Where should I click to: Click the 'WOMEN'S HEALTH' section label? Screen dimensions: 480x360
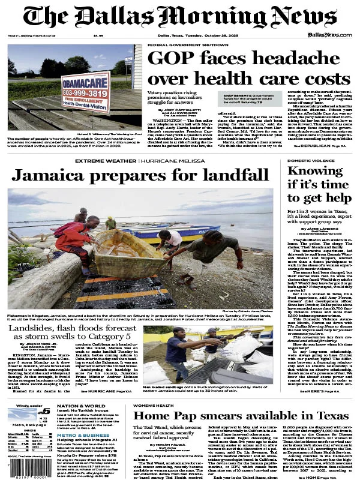tap(157, 406)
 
